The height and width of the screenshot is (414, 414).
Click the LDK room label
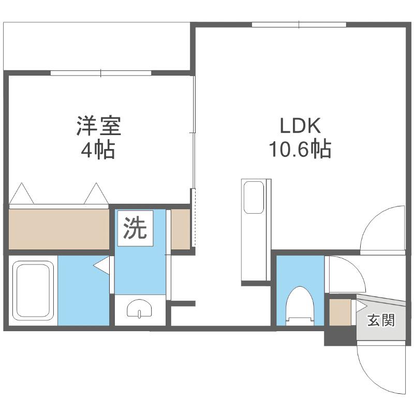pos(300,126)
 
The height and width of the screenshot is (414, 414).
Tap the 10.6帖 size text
pos(300,150)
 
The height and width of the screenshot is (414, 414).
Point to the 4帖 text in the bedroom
pos(98,150)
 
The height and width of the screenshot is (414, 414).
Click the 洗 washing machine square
pos(135,228)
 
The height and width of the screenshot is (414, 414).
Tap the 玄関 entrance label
pos(381,320)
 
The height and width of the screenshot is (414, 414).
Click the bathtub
pos(33,290)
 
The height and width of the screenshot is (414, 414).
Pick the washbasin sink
pos(139,308)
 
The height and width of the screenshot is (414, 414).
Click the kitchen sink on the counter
pos(254,197)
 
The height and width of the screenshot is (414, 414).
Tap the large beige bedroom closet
pos(59,229)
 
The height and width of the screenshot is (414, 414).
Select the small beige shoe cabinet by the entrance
pos(340,313)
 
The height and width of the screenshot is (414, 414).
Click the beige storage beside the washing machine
pos(181,229)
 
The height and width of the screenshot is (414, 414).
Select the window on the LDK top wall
pos(299,24)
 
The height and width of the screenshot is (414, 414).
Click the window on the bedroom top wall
pos(101,73)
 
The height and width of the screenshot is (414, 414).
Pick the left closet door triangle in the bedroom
pos(21,194)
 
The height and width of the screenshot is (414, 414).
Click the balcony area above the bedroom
pos(97,47)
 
